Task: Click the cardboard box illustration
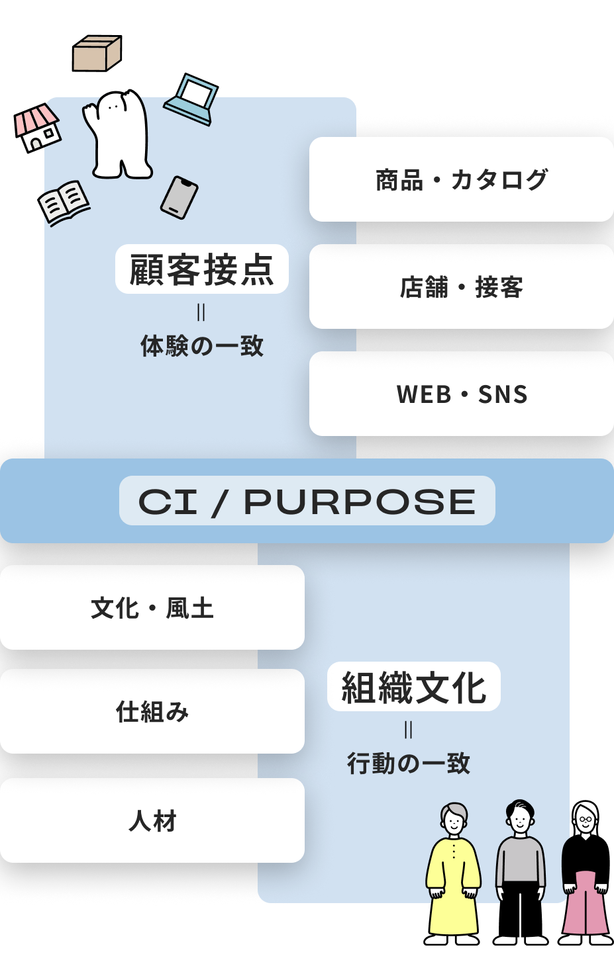(97, 54)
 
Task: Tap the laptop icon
(192, 101)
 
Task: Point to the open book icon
(64, 202)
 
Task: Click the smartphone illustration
(179, 197)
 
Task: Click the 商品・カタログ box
(462, 179)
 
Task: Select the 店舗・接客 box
(462, 286)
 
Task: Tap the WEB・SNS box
(462, 394)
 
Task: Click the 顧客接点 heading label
(202, 269)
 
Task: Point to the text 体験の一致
(202, 345)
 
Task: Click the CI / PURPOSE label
(307, 501)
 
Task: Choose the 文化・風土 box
(152, 607)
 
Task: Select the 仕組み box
(152, 711)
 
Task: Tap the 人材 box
(152, 820)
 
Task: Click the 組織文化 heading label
(414, 687)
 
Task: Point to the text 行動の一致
(409, 763)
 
